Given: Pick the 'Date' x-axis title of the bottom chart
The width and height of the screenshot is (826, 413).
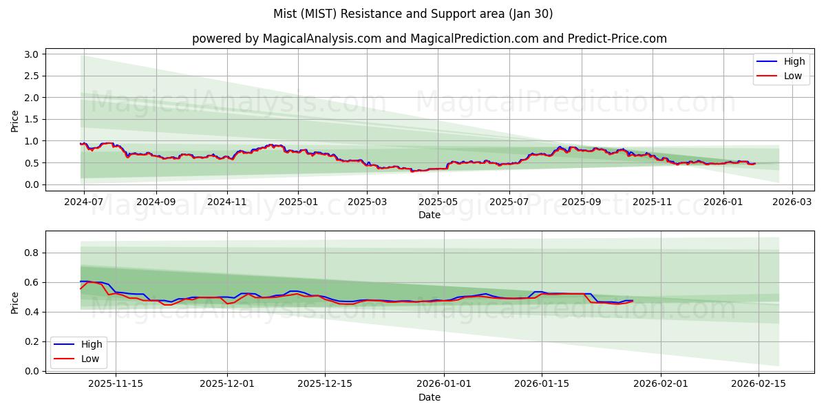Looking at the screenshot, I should point(430,397).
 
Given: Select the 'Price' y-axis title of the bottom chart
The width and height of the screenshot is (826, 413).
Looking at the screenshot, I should point(15,302).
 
